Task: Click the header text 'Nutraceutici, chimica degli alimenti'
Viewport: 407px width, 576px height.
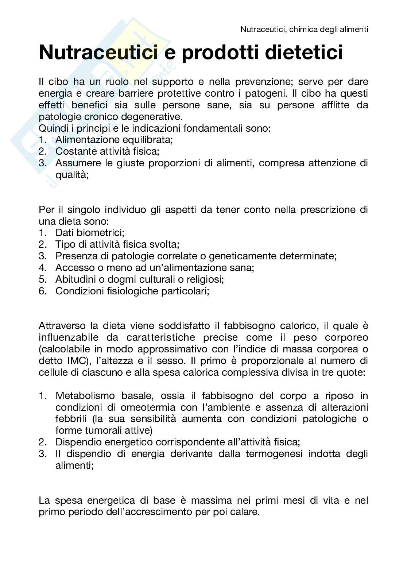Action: coord(304,30)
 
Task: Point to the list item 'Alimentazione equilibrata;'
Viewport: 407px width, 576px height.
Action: coord(114,140)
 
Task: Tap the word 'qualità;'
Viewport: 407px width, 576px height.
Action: coord(72,175)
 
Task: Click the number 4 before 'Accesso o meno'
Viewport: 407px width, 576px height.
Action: coord(42,268)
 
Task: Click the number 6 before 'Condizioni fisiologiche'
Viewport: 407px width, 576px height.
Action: coord(42,291)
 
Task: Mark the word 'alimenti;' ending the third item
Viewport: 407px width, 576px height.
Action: coord(74,466)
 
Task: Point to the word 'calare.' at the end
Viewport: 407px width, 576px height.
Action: coord(245,512)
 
